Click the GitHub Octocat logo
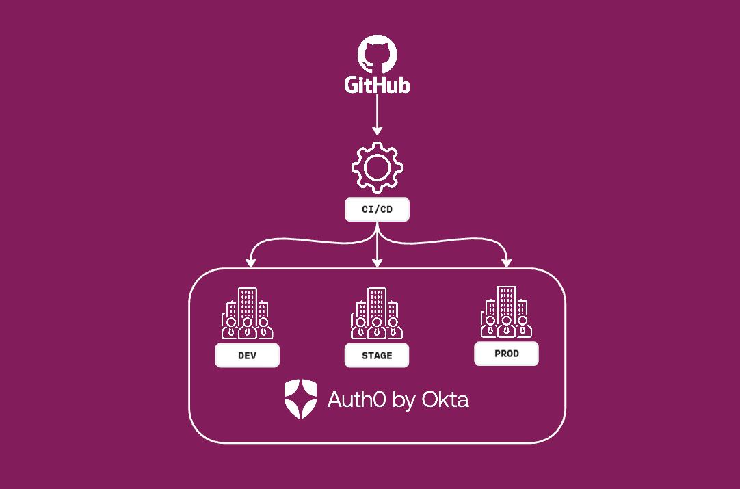click(377, 54)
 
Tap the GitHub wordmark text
click(377, 85)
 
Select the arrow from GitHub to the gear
click(377, 114)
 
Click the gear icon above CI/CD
click(377, 166)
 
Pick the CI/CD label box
click(377, 209)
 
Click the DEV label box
click(248, 356)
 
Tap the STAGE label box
click(377, 356)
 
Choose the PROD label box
click(506, 354)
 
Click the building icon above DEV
click(248, 314)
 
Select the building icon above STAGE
click(377, 314)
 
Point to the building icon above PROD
click(506, 313)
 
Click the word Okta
click(445, 399)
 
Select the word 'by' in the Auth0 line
click(397, 401)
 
